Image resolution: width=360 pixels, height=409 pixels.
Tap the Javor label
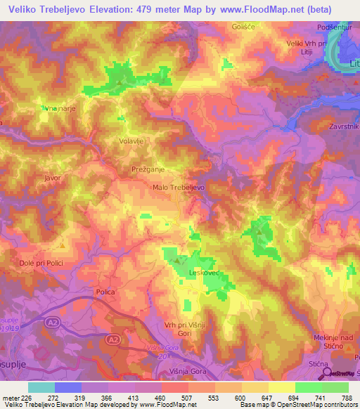[x=53, y=178]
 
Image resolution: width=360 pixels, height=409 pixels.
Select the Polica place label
[x=105, y=291]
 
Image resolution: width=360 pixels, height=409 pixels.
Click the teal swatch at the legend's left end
[x=41, y=387]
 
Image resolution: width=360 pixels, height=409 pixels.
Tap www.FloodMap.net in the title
[x=256, y=9]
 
